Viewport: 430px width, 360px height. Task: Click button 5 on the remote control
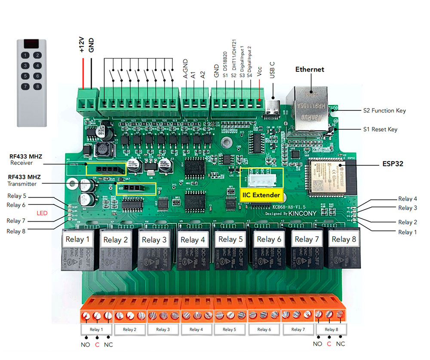point(27,76)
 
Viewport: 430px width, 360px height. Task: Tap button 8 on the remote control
point(38,86)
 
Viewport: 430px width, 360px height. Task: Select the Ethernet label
point(310,69)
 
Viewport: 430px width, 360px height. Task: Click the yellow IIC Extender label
point(261,195)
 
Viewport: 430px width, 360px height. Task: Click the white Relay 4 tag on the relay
point(190,240)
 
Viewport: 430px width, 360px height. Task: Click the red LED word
point(42,213)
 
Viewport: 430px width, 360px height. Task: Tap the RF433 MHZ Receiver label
point(25,159)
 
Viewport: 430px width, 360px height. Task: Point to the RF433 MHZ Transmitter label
point(25,180)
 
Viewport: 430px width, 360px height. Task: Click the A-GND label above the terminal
point(185,69)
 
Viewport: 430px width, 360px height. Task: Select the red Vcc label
point(259,71)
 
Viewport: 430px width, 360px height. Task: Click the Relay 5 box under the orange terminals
point(229,329)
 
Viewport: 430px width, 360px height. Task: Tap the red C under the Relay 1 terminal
point(97,344)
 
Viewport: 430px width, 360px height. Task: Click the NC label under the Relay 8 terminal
point(340,344)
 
